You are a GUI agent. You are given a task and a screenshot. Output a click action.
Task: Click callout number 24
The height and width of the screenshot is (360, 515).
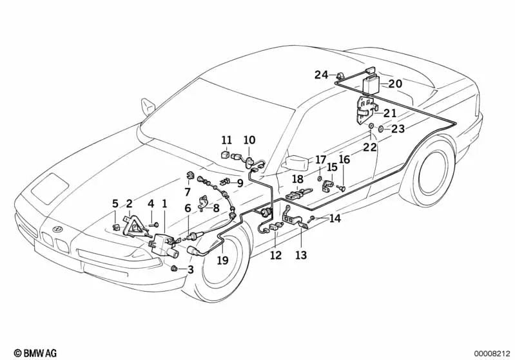(x=322, y=75)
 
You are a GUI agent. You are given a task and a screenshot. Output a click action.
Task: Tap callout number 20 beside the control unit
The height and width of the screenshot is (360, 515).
(x=395, y=83)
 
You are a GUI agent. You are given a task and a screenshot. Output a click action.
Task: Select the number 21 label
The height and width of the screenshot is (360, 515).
(x=390, y=113)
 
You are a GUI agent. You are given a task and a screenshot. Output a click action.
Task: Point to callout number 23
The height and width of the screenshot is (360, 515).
(x=398, y=129)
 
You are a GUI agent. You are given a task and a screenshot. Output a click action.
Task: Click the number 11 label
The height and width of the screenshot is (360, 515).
(x=226, y=140)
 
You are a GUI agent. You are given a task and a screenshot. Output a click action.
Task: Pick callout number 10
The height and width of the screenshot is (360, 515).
(x=249, y=140)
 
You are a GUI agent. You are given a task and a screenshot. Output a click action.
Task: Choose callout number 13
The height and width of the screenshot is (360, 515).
(x=301, y=255)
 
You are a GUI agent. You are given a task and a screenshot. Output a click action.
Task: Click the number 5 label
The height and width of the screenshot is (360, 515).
(x=115, y=204)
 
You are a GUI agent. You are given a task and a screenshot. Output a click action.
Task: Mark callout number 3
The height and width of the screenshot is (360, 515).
(x=190, y=269)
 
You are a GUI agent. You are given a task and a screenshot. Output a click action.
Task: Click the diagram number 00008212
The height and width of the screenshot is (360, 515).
(x=492, y=352)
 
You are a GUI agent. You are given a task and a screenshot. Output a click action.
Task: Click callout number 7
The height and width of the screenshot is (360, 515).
(x=188, y=192)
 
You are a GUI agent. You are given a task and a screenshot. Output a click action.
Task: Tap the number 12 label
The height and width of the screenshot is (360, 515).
(x=276, y=255)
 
